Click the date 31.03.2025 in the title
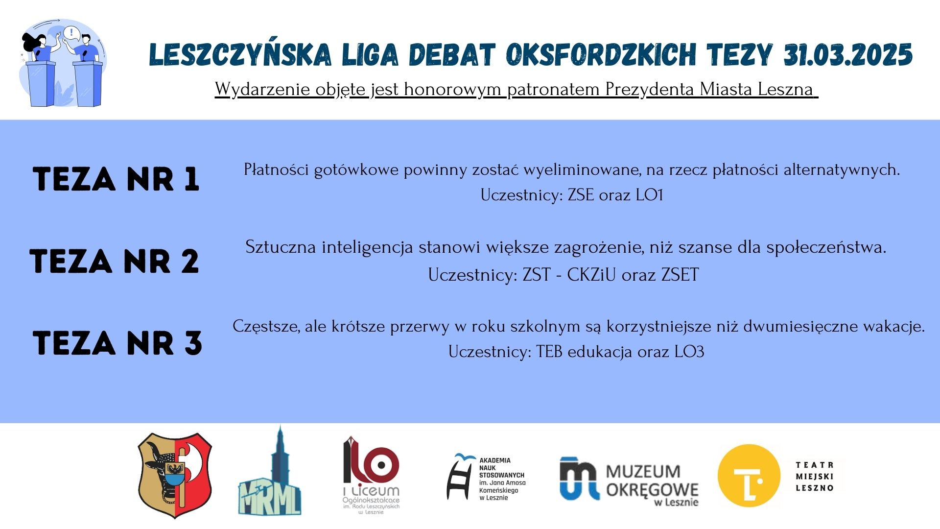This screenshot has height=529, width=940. pyautogui.click(x=848, y=54)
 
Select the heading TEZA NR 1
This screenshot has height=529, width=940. pyautogui.click(x=116, y=179)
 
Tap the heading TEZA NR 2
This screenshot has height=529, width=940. pyautogui.click(x=114, y=261)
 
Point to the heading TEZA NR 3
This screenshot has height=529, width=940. pyautogui.click(x=117, y=342)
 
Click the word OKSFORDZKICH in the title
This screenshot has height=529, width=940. pyautogui.click(x=601, y=54)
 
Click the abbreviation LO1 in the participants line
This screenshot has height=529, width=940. pyautogui.click(x=649, y=195)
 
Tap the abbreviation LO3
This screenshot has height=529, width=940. pyautogui.click(x=689, y=352)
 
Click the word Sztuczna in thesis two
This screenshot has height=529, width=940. pyautogui.click(x=281, y=247)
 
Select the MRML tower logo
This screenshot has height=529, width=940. pyautogui.click(x=270, y=472)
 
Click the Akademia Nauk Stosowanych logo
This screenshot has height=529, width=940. pyautogui.click(x=486, y=477)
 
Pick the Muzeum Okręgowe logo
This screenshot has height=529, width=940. pyautogui.click(x=629, y=481)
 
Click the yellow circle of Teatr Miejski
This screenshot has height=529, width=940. pyautogui.click(x=749, y=476)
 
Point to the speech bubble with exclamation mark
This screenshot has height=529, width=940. pyautogui.click(x=72, y=33)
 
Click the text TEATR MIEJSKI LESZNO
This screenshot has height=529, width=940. pyautogui.click(x=815, y=476)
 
